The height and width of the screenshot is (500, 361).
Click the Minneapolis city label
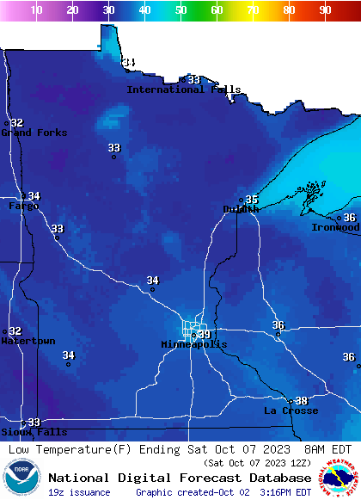pyautogui.click(x=194, y=344)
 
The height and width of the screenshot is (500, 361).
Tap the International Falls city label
pyautogui.click(x=184, y=90)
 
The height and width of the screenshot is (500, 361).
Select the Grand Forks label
pyautogui.click(x=28, y=133)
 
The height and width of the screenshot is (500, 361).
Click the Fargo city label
pyautogui.click(x=23, y=207)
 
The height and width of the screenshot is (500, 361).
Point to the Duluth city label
pyautogui.click(x=241, y=209)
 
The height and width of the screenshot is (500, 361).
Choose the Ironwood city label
pyautogui.click(x=335, y=228)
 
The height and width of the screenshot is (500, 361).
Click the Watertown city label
pyautogui.click(x=28, y=341)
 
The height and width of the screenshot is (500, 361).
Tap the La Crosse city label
pyautogui.click(x=291, y=410)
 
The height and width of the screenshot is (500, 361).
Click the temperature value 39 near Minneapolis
pyautogui.click(x=204, y=335)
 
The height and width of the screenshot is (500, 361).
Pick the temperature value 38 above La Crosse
pyautogui.click(x=301, y=401)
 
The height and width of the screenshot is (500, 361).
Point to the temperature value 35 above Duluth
pyautogui.click(x=252, y=200)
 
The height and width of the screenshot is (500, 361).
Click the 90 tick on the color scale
pyautogui.click(x=325, y=10)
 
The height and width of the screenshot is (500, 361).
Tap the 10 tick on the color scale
pyautogui.click(x=36, y=10)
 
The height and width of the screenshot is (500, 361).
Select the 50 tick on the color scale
pyautogui.click(x=180, y=10)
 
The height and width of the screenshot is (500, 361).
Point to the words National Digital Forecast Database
pyautogui.click(x=180, y=478)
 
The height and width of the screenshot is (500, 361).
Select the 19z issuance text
pyautogui.click(x=78, y=492)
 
